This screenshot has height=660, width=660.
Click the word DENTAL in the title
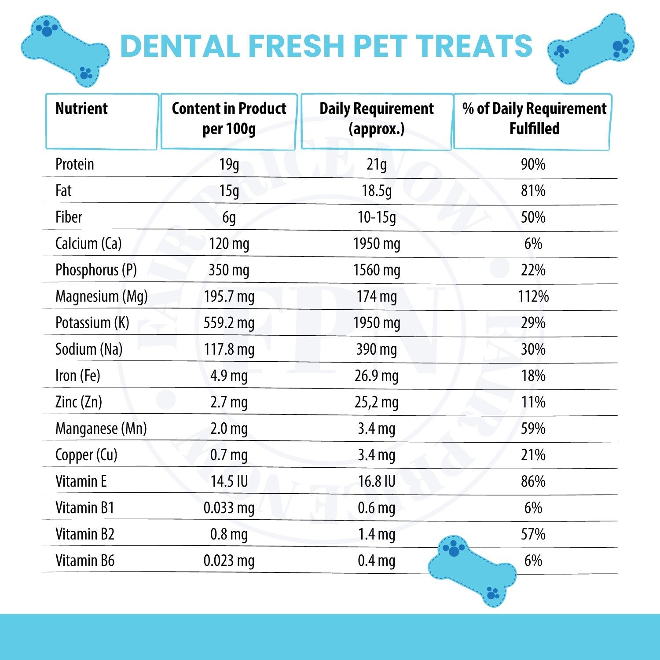[x=180, y=46]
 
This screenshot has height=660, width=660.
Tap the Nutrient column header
[x=81, y=109]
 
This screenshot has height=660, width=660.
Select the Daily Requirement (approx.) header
[x=376, y=119]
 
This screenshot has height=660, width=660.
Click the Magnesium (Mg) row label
[x=101, y=297]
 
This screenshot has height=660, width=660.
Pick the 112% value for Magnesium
[x=533, y=297]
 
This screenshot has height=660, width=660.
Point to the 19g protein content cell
[x=229, y=165]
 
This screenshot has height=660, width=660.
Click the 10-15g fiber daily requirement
[x=376, y=217]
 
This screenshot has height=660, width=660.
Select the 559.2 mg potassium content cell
[x=229, y=323]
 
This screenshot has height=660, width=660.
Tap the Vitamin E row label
[x=81, y=481]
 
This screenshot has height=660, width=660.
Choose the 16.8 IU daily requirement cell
[x=376, y=481]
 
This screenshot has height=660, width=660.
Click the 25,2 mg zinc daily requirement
[x=376, y=402]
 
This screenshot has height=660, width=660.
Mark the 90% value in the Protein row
[x=533, y=165]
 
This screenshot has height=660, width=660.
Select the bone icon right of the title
[x=591, y=48]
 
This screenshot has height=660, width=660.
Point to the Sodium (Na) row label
[x=89, y=349]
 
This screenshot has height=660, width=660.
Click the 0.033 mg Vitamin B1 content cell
[x=229, y=508]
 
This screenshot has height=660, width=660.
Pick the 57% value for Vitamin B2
[x=533, y=534]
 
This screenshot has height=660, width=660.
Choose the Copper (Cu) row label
[x=86, y=455]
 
